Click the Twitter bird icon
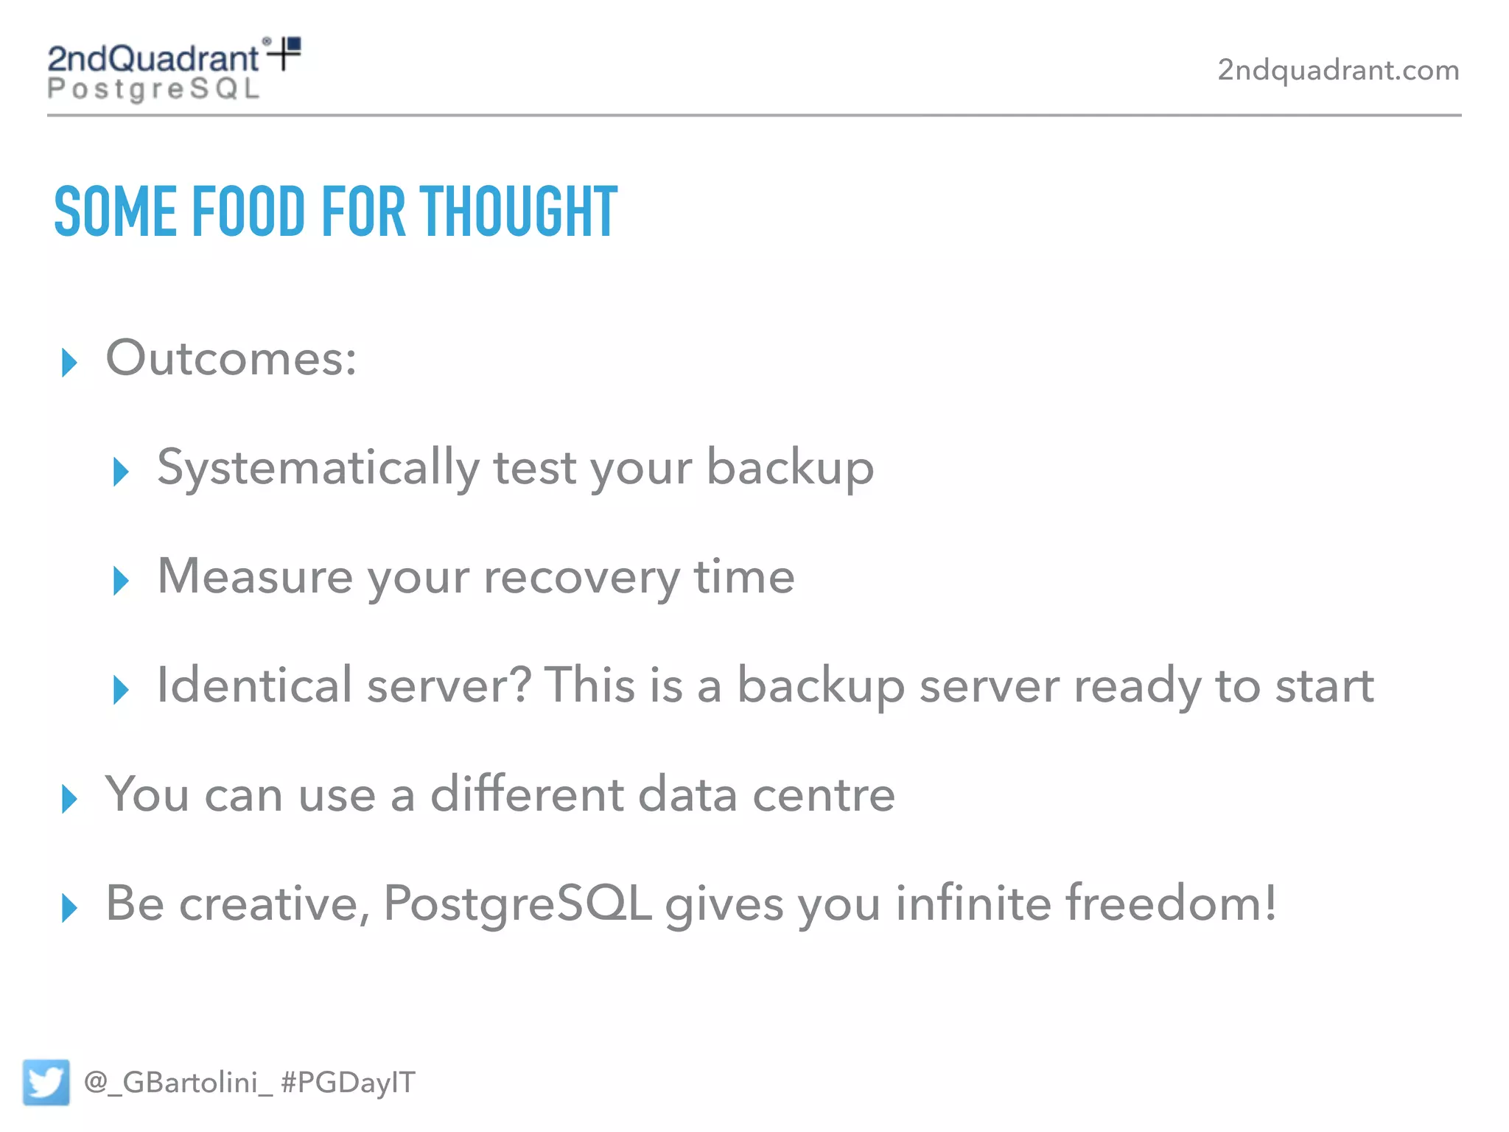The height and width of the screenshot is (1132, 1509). [x=46, y=1082]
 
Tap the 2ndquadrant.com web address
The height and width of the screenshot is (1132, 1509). [x=1338, y=70]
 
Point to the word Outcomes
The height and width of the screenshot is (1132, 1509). [x=231, y=359]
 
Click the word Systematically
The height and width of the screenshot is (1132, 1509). [x=318, y=468]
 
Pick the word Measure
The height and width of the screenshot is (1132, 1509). [x=255, y=576]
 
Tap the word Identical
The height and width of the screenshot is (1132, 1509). [x=254, y=685]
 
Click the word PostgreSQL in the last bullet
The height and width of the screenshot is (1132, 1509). [x=517, y=904]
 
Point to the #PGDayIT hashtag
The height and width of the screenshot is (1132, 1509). [x=349, y=1083]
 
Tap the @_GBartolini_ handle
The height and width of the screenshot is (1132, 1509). [x=178, y=1083]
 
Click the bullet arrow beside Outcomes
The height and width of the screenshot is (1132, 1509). [x=69, y=362]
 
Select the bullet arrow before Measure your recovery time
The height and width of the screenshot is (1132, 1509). [x=121, y=581]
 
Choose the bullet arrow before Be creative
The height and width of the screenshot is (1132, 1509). [x=69, y=907]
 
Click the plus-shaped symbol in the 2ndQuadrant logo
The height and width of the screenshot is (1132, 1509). [x=284, y=53]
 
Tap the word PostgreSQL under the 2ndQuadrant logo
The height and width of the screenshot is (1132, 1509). [x=153, y=89]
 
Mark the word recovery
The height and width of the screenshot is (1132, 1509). [x=581, y=578]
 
